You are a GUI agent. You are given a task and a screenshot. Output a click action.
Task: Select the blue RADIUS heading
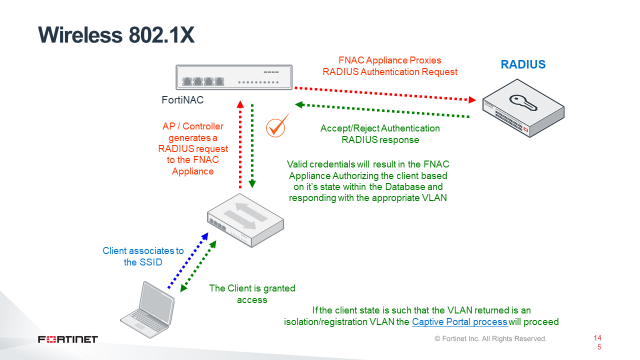click(x=522, y=65)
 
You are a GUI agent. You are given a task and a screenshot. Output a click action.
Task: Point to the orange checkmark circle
click(x=278, y=127)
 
